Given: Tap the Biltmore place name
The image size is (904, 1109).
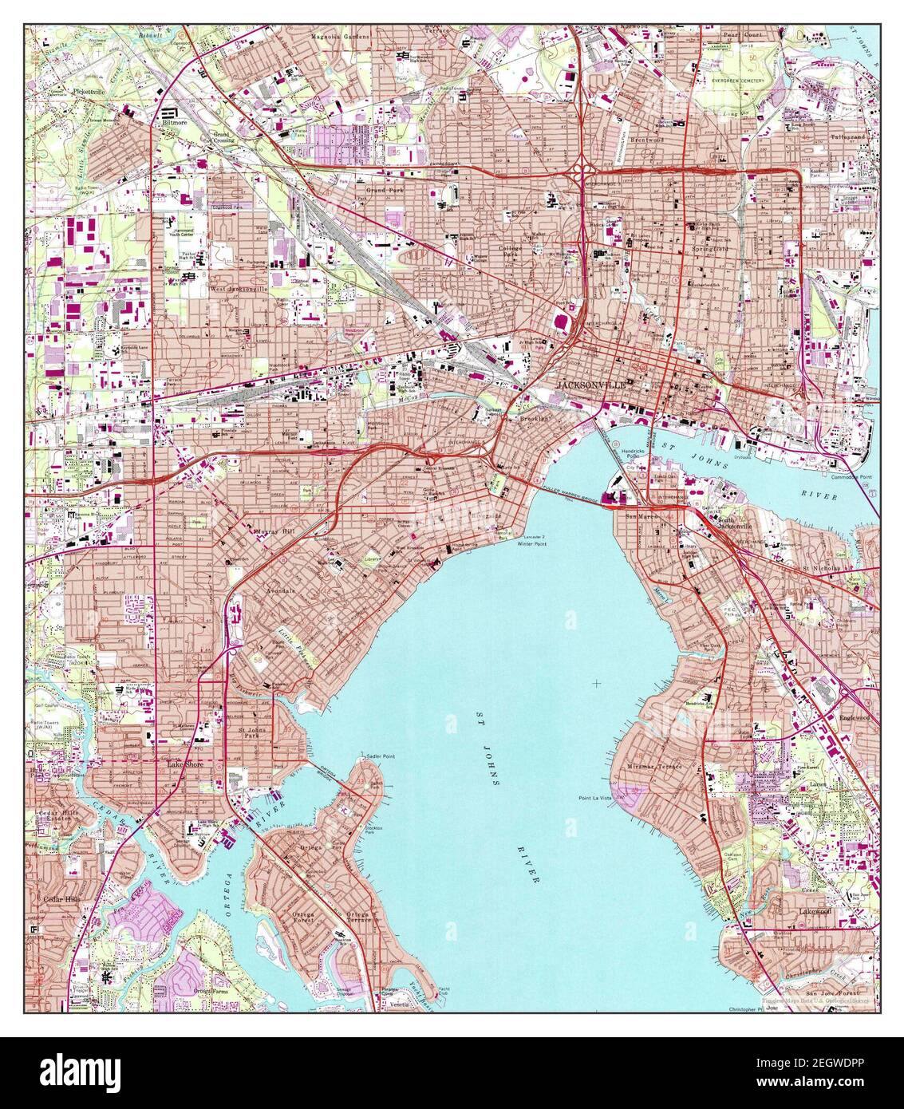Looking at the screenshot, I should coord(175,124).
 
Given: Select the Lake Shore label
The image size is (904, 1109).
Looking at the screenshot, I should coord(184,764).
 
